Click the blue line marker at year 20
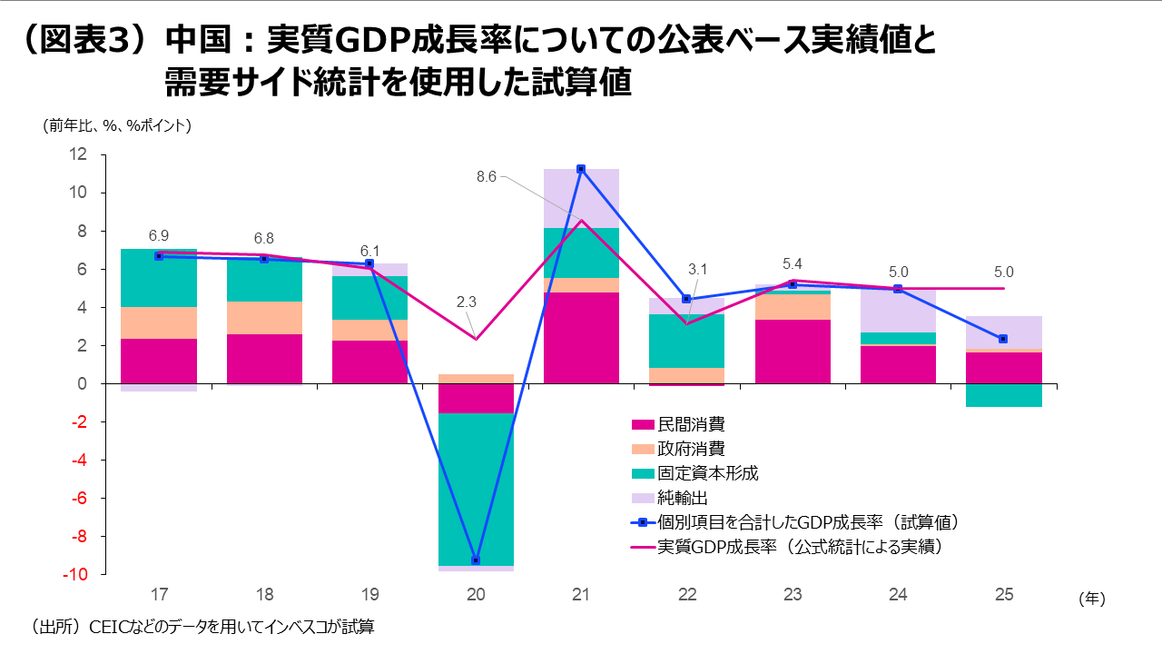[476, 560]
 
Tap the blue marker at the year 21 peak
[581, 169]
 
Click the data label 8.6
[487, 177]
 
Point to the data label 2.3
[465, 302]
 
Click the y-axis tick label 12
[78, 154]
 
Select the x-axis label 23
[793, 596]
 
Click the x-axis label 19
[370, 596]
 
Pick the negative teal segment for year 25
[1003, 395]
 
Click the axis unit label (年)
[1092, 599]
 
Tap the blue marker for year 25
[1003, 339]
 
